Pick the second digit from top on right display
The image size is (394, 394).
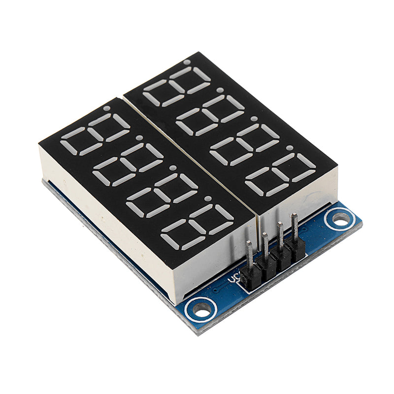(x=210, y=116)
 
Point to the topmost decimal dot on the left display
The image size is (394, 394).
(x=107, y=108)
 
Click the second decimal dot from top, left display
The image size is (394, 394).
(x=139, y=138)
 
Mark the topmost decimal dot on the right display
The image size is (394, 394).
(x=187, y=62)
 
